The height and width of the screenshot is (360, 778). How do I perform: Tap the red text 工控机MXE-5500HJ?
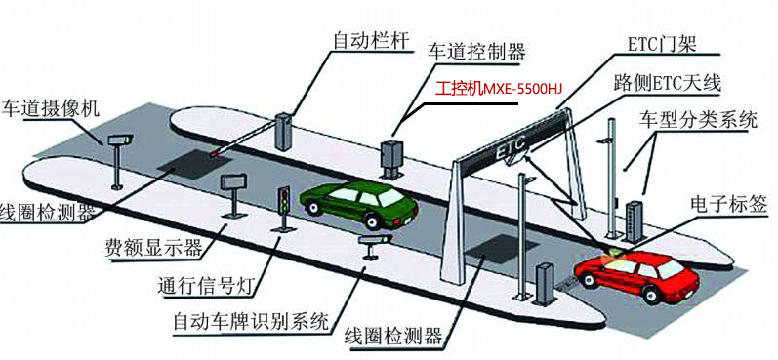pyautogui.click(x=498, y=89)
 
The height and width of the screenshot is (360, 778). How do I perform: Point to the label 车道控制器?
pyautogui.click(x=477, y=51)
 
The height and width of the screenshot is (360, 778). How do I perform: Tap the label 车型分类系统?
pyautogui.click(x=698, y=120)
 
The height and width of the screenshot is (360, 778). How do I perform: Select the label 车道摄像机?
pyautogui.click(x=51, y=107)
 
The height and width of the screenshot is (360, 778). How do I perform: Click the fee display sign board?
pyautogui.click(x=233, y=181)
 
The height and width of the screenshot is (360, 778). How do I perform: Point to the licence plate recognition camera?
pyautogui.click(x=374, y=240)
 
